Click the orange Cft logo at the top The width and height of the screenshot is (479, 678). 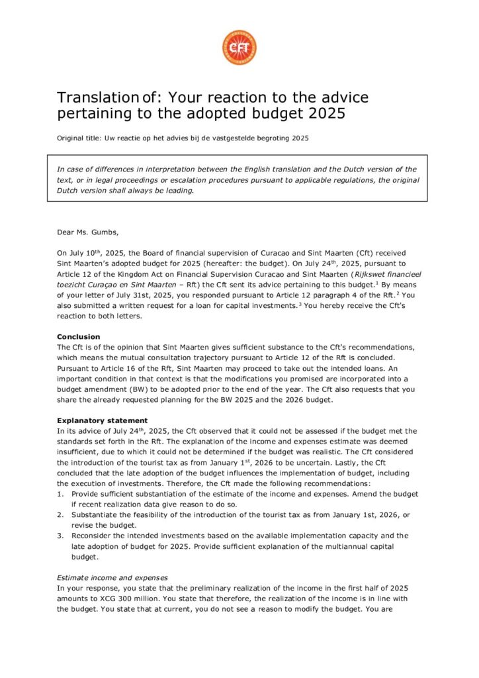[239, 47]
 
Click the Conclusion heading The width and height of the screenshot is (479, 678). [79, 336]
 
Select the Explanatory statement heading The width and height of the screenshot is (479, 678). [102, 420]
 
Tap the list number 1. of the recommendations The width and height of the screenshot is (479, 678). [60, 494]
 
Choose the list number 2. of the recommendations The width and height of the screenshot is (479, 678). [60, 514]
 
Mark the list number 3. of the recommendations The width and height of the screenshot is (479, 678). [60, 536]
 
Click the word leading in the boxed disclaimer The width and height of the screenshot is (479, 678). [178, 190]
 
